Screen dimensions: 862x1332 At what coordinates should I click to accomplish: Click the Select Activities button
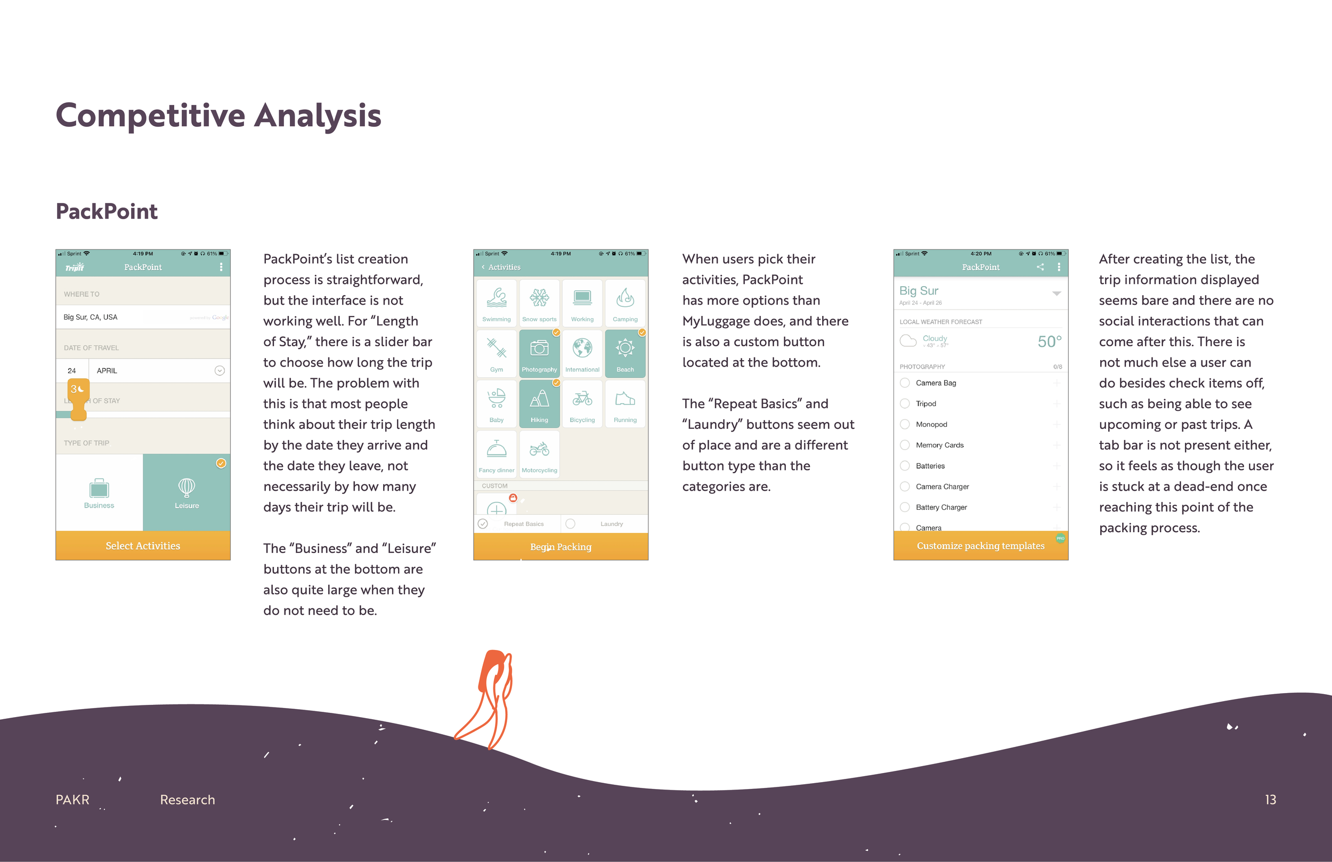click(x=143, y=546)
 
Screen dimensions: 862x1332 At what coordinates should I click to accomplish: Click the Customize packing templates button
click(x=980, y=546)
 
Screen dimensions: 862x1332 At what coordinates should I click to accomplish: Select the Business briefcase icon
click(x=99, y=489)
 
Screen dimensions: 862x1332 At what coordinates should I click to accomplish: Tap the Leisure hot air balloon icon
click(x=186, y=487)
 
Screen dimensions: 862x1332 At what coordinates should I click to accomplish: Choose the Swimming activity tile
click(x=497, y=303)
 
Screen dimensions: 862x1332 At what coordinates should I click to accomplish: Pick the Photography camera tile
click(x=539, y=353)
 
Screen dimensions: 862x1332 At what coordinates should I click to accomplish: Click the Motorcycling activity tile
click(x=539, y=454)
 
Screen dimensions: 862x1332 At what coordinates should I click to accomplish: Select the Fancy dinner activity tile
click(x=497, y=454)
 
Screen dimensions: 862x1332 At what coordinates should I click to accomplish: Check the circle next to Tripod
click(x=904, y=404)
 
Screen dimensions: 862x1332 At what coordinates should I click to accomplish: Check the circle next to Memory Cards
click(x=904, y=445)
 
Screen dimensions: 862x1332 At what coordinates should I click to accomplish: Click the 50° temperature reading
click(x=1049, y=341)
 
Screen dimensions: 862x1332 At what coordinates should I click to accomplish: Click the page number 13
click(x=1270, y=799)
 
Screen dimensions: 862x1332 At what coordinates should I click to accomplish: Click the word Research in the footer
click(x=188, y=799)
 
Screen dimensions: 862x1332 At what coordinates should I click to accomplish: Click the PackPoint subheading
click(x=107, y=212)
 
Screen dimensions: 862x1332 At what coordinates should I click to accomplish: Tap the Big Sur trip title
click(x=919, y=290)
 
